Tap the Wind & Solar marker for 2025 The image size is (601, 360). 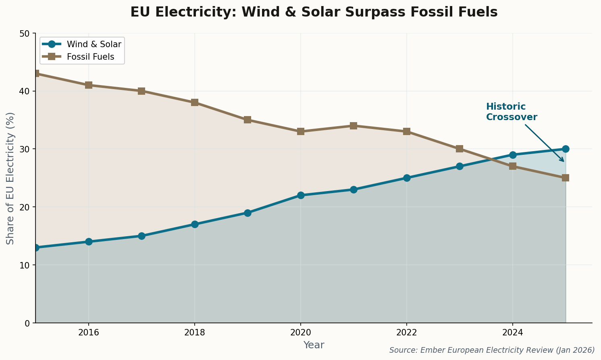point(566,149)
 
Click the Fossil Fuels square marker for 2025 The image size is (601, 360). point(566,178)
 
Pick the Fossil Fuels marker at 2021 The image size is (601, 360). point(354,126)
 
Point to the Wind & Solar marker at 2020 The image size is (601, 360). point(301,195)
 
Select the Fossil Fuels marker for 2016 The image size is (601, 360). point(89,85)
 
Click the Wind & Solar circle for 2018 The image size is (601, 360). point(195,224)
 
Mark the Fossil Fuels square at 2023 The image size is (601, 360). point(460,149)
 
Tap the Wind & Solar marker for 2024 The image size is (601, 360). point(513,155)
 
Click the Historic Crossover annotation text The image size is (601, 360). point(511,112)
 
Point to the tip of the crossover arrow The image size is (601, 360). point(564,162)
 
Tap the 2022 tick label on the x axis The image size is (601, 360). point(406,333)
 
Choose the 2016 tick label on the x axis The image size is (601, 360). point(89,333)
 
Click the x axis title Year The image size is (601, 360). point(314,345)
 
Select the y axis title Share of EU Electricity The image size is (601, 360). point(10,178)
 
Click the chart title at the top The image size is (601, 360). point(314,12)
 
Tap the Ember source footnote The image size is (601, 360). point(492,350)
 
